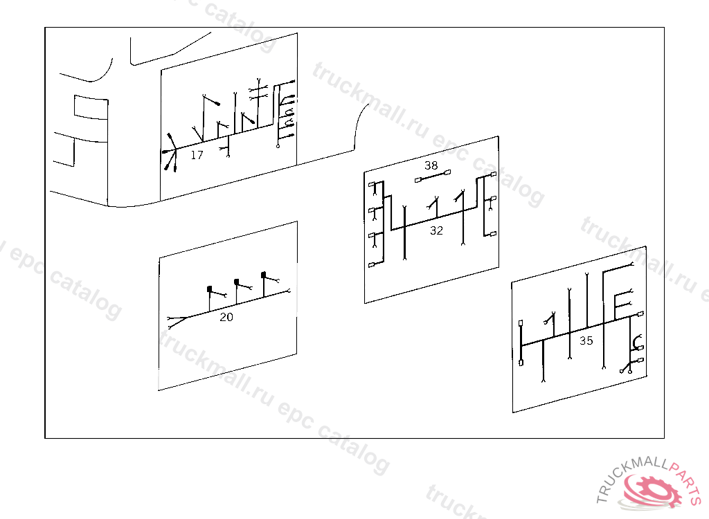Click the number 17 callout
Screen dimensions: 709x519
197,155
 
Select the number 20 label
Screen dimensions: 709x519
226,318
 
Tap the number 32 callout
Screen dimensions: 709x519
436,230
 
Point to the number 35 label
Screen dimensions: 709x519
586,340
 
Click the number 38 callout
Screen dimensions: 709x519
431,165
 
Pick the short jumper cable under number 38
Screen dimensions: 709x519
433,176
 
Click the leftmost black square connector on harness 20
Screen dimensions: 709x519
209,289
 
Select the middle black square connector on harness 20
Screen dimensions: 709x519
237,282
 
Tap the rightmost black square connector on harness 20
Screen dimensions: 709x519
264,275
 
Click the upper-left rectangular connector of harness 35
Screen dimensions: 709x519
521,323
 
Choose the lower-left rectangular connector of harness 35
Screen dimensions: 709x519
521,362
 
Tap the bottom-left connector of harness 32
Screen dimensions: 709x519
372,265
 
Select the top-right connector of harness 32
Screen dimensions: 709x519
493,174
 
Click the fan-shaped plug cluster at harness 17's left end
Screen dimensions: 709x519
170,152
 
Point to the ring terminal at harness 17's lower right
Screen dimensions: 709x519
278,146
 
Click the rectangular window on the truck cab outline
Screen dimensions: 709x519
91,107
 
